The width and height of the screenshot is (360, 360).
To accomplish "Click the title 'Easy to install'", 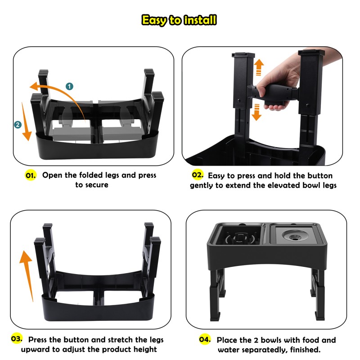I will pyautogui.click(x=179, y=20).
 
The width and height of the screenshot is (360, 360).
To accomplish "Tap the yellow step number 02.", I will pyautogui.click(x=198, y=175).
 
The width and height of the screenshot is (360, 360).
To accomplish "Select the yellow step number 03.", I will pyautogui.click(x=17, y=339).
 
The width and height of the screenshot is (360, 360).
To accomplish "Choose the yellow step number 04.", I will pyautogui.click(x=205, y=339).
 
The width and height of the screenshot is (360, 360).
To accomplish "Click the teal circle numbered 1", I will pyautogui.click(x=69, y=85).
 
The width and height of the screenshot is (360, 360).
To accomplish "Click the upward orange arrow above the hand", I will pyautogui.click(x=259, y=67).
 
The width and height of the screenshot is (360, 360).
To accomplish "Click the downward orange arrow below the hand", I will pyautogui.click(x=256, y=111).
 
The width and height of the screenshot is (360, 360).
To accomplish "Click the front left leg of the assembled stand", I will pyautogui.click(x=217, y=297).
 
